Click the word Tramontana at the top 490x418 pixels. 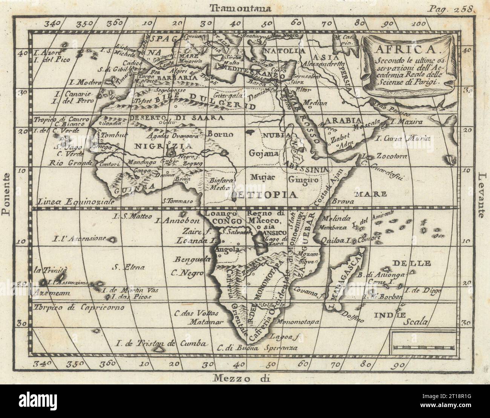click(241, 7)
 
